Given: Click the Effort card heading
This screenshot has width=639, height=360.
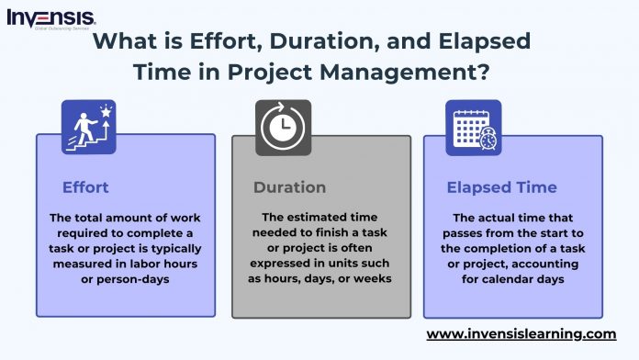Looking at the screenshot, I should pos(85,187).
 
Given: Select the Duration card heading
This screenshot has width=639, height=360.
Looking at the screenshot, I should pos(289,187).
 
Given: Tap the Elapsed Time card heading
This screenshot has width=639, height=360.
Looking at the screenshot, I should pos(501,187).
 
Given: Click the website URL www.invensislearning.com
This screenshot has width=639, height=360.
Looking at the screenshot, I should pos(521,333).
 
